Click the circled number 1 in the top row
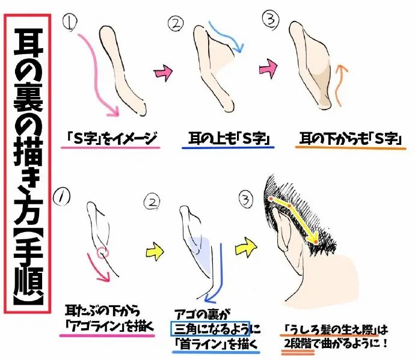70,22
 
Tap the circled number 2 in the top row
176,24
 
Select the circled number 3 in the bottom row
246,200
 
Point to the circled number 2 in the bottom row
152,203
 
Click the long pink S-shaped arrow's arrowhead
114,111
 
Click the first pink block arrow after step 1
164,72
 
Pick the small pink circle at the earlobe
102,253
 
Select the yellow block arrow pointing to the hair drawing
246,246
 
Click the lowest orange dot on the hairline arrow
316,242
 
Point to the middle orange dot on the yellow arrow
289,206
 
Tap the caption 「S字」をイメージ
111,138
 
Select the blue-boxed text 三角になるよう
211,329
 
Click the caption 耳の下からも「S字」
351,139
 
